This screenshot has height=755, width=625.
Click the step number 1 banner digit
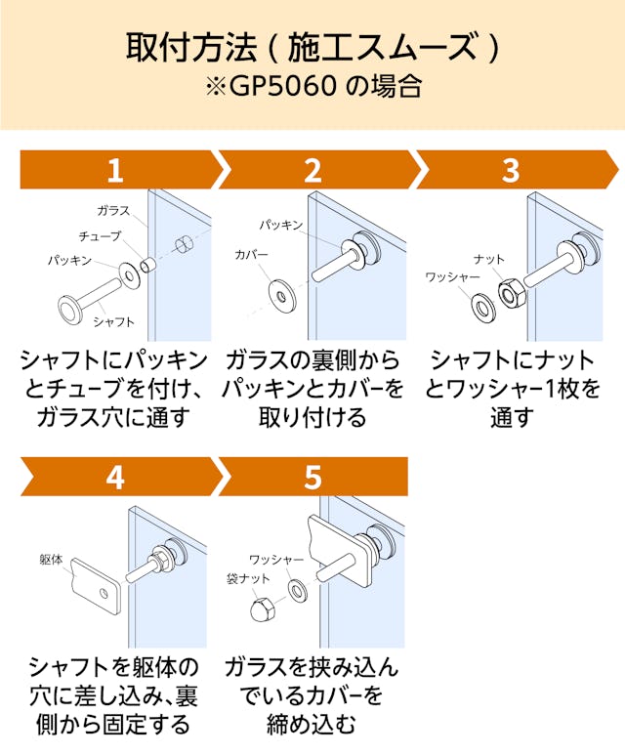115,171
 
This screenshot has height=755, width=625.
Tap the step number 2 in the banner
312,171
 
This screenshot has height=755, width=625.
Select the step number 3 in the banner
511,171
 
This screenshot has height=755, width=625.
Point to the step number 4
115,477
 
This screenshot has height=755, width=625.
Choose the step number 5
312,477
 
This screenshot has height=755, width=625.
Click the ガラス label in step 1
113,211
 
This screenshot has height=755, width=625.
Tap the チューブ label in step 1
101,236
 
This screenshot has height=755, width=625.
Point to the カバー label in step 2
251,255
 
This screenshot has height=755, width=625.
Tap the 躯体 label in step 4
52,561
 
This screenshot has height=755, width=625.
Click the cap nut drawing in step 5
260,608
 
